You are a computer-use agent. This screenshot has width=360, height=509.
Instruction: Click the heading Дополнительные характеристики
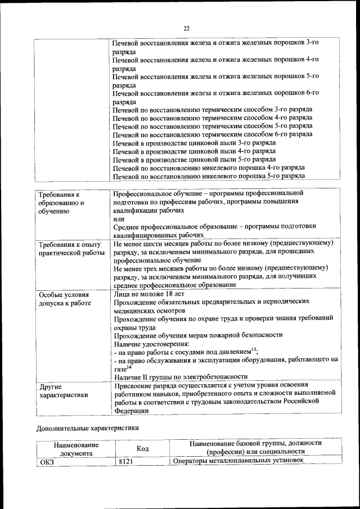point(88,428)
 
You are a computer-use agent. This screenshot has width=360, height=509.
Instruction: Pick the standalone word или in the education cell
point(118,218)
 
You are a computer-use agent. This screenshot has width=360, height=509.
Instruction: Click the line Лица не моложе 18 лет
point(148,293)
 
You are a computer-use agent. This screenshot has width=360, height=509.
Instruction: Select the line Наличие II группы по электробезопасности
point(181,377)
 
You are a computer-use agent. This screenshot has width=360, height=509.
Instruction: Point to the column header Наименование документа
point(76,448)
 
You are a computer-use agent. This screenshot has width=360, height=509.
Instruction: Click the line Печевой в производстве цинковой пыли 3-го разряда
point(194,143)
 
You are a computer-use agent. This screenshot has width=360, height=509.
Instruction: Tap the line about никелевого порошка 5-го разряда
point(208,176)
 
